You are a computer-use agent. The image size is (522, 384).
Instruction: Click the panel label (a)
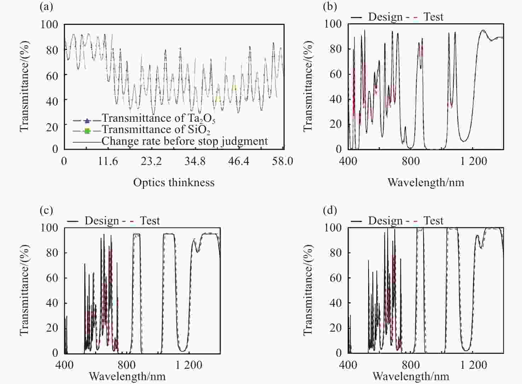pyautogui.click(x=46, y=6)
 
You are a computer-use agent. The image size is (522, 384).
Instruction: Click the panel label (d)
pyautogui.click(x=330, y=210)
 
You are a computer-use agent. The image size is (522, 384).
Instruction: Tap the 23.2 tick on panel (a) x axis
pyautogui.click(x=151, y=161)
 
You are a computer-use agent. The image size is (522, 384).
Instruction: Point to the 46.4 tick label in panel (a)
pyautogui.click(x=238, y=161)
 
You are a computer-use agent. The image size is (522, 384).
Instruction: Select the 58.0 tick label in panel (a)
pyautogui.click(x=283, y=161)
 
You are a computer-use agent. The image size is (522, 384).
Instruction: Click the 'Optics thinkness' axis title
pyautogui.click(x=174, y=182)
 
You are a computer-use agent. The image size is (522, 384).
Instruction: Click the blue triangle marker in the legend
pyautogui.click(x=87, y=120)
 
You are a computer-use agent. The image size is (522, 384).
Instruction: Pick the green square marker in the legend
pyautogui.click(x=87, y=131)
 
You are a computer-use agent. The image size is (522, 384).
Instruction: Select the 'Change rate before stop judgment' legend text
pyautogui.click(x=185, y=141)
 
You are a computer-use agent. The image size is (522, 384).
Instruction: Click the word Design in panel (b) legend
pyautogui.click(x=385, y=17)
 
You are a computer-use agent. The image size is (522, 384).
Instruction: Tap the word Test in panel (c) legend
pyautogui.click(x=150, y=221)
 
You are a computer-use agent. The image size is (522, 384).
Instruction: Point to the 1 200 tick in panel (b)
pyautogui.click(x=474, y=161)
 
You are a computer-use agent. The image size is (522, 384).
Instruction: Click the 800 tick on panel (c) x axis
pyautogui.click(x=127, y=365)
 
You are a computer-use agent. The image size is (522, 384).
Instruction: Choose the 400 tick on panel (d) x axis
pyautogui.click(x=348, y=365)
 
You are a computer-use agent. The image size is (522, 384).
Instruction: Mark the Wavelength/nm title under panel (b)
pyautogui.click(x=426, y=182)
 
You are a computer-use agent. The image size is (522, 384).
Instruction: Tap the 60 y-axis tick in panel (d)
pyautogui.click(x=335, y=278)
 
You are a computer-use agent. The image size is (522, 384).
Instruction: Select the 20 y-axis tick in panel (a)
pyautogui.click(x=52, y=126)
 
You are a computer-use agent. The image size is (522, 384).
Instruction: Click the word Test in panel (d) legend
pyautogui.click(x=433, y=221)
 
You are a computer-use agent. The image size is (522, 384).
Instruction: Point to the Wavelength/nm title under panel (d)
pyautogui.click(x=411, y=376)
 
